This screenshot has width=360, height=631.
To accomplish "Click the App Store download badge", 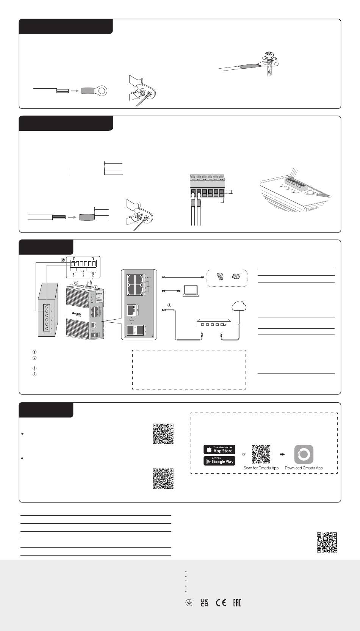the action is click(x=219, y=449).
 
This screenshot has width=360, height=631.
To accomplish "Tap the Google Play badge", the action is click(x=219, y=461).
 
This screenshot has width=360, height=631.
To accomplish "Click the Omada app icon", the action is click(x=304, y=454).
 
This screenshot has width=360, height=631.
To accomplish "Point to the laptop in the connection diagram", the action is click(x=192, y=291).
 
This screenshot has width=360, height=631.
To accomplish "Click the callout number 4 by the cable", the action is click(x=169, y=305).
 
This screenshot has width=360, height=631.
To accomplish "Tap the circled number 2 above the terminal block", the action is click(x=63, y=260).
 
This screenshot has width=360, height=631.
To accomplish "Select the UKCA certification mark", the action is click(x=204, y=603).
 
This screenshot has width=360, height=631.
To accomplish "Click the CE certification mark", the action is click(x=221, y=603).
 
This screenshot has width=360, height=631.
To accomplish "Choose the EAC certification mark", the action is click(x=236, y=603).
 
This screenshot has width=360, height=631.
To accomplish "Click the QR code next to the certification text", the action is click(x=327, y=542).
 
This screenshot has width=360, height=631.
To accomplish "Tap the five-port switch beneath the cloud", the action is click(x=211, y=323).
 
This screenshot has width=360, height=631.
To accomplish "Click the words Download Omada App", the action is click(x=304, y=468).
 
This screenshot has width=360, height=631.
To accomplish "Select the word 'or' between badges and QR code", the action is click(x=244, y=454).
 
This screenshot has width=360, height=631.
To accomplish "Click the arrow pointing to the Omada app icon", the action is click(x=282, y=454).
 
